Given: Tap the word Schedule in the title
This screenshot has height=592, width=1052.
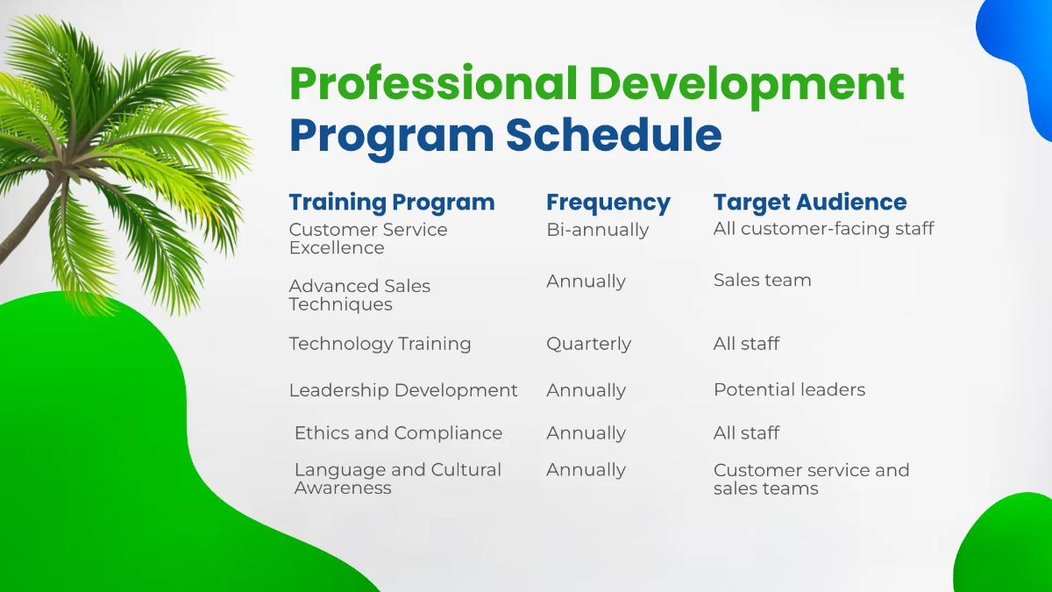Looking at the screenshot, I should click(x=614, y=135).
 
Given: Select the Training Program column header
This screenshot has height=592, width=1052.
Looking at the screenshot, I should click(x=392, y=202).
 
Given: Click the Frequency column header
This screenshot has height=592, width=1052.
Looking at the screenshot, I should click(x=608, y=203).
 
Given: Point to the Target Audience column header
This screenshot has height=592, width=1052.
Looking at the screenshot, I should click(x=809, y=202).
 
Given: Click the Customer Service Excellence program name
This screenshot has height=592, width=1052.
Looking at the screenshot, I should click(x=367, y=239).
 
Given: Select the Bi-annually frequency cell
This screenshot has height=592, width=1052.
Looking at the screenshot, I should click(x=597, y=230).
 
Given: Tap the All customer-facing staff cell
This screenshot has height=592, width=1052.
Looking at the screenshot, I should click(x=823, y=229).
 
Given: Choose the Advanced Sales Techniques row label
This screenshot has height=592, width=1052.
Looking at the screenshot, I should click(x=359, y=295).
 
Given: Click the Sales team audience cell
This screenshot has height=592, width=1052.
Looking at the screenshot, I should click(x=762, y=281).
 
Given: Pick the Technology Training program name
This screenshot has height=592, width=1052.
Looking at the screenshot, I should click(x=380, y=344).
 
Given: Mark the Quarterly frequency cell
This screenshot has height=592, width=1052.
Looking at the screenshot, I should click(x=588, y=344).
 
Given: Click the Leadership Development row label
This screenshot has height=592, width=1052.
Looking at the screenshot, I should click(x=403, y=390).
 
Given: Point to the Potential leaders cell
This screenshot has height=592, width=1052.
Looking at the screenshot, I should click(x=789, y=390).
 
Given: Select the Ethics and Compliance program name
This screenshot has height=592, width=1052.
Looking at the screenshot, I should click(x=398, y=433).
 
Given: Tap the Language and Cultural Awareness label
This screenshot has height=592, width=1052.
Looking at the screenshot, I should click(x=397, y=479).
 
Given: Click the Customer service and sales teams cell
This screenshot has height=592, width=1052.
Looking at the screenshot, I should click(x=811, y=479).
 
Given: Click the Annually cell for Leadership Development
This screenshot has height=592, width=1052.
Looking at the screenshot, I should click(x=586, y=390).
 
